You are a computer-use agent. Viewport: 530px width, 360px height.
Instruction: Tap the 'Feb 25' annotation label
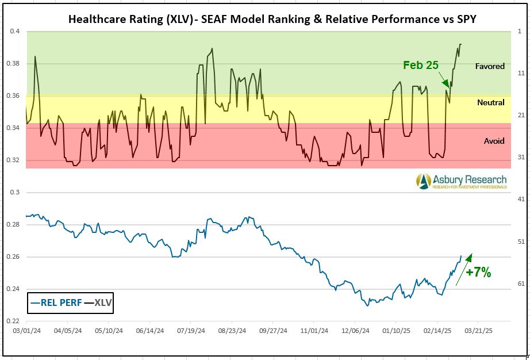click(x=421, y=65)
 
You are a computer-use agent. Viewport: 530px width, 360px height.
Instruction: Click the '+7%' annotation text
click(x=478, y=273)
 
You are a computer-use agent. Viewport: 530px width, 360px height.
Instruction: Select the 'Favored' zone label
click(x=490, y=66)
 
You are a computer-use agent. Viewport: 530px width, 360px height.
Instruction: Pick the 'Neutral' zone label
click(x=491, y=102)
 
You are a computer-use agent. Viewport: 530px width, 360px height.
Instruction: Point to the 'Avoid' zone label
click(x=494, y=141)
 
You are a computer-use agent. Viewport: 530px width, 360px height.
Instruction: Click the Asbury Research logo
click(x=462, y=181)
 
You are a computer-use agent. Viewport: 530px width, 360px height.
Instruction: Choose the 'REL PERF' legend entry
click(x=56, y=302)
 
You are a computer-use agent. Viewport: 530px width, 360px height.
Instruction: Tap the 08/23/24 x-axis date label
click(x=232, y=332)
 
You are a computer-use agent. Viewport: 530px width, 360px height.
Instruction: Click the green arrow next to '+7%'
click(x=463, y=269)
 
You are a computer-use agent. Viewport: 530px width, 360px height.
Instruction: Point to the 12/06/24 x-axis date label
click(x=356, y=332)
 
